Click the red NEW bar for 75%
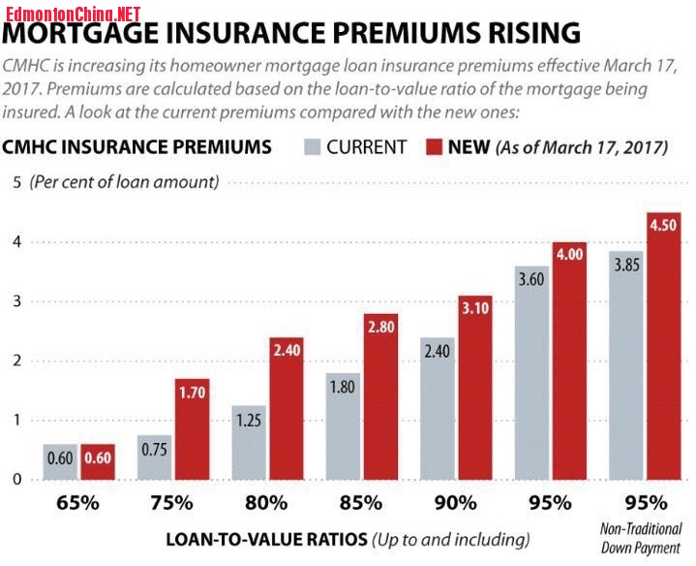tap(192, 428)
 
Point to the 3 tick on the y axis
tap(15, 301)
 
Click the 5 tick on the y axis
tap(15, 182)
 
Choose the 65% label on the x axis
tap(78, 504)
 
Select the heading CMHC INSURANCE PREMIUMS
tap(136, 148)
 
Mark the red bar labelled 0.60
tap(98, 461)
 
